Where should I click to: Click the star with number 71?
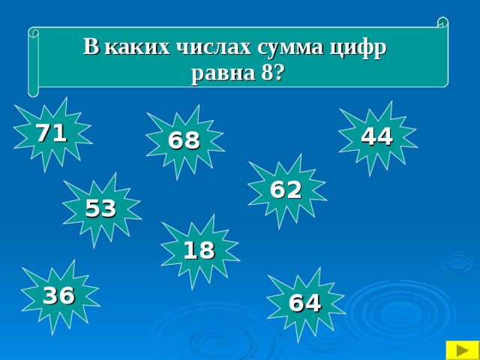point(52,133)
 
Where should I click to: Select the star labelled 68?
point(184,140)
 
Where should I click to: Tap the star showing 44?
point(376,136)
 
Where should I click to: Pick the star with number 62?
point(286,190)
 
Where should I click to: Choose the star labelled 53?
point(100,208)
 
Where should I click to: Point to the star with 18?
point(199,250)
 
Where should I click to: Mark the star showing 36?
point(58,296)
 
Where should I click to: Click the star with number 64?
point(305,303)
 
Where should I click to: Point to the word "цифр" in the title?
point(361,48)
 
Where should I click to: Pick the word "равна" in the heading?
point(217,73)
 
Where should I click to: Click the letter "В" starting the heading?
point(91,47)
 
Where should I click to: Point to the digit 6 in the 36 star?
point(67,296)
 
